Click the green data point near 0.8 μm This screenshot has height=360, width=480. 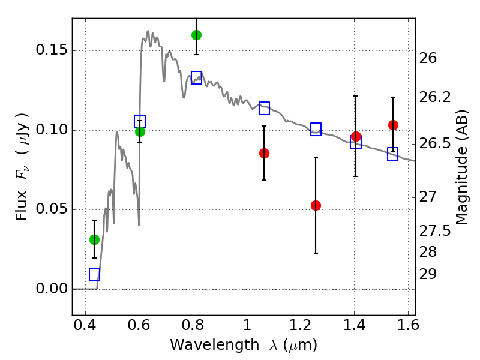click(196, 35)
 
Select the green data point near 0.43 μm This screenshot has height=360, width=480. click(94, 239)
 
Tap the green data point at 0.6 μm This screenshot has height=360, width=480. click(140, 131)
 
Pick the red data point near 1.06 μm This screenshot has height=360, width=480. click(264, 153)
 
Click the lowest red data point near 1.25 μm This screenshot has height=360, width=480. click(316, 205)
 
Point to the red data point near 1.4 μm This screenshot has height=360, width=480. click(356, 137)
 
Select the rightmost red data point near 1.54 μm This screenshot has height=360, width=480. click(393, 125)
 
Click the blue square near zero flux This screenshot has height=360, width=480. click(94, 274)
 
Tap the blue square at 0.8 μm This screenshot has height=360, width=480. click(196, 77)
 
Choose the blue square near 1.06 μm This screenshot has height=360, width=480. click(264, 108)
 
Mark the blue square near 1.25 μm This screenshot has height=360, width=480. click(316, 129)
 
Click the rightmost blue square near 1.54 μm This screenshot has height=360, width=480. click(392, 154)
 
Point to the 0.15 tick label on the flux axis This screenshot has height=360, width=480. click(52, 50)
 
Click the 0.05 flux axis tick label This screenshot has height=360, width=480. click(52, 209)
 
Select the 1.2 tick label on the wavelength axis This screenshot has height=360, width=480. click(301, 325)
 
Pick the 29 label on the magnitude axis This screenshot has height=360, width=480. click(428, 274)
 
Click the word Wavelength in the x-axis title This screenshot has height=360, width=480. click(215, 345)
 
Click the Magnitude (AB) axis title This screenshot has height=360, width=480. click(461, 167)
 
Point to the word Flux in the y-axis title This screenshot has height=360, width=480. click(21, 205)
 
